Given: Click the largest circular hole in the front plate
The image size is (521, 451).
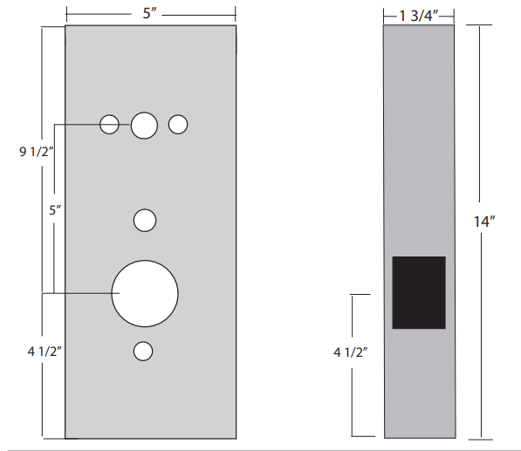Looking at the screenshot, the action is (x=145, y=294).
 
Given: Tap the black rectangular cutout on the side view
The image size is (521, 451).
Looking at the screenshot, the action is (x=419, y=292).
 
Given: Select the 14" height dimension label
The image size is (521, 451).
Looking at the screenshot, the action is (x=484, y=222).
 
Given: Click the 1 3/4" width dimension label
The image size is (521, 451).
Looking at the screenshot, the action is (x=419, y=16).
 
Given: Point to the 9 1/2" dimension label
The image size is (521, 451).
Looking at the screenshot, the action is (x=37, y=152).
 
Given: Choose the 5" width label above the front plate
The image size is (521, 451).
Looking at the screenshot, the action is (x=149, y=13).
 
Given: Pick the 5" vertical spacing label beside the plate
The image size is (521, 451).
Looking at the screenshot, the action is (x=55, y=210).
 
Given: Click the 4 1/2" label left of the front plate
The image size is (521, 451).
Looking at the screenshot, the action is (x=45, y=351).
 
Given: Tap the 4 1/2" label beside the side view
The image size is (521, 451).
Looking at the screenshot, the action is (x=351, y=352).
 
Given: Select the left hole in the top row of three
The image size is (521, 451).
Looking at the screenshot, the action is (x=109, y=125).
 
